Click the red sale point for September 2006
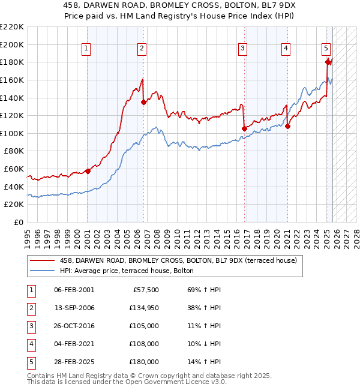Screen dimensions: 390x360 [143, 103]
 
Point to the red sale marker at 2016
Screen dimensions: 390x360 [244, 128]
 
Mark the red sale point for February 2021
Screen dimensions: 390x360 [287, 126]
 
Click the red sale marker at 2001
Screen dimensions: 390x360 [88, 171]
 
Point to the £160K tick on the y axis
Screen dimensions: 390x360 [12, 80]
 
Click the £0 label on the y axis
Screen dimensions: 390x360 [18, 223]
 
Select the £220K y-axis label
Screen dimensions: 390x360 [12, 27]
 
